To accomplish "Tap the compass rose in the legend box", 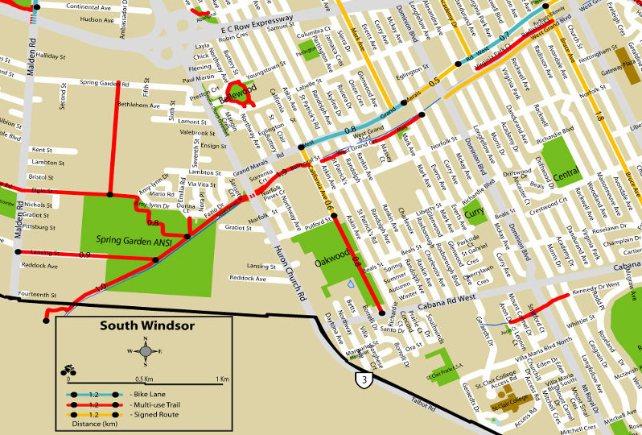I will point(144,350).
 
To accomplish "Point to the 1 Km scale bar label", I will point(221,379).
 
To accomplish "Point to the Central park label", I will point(566,173).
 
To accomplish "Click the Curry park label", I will point(474,213).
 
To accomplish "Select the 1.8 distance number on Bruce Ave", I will point(599,118).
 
